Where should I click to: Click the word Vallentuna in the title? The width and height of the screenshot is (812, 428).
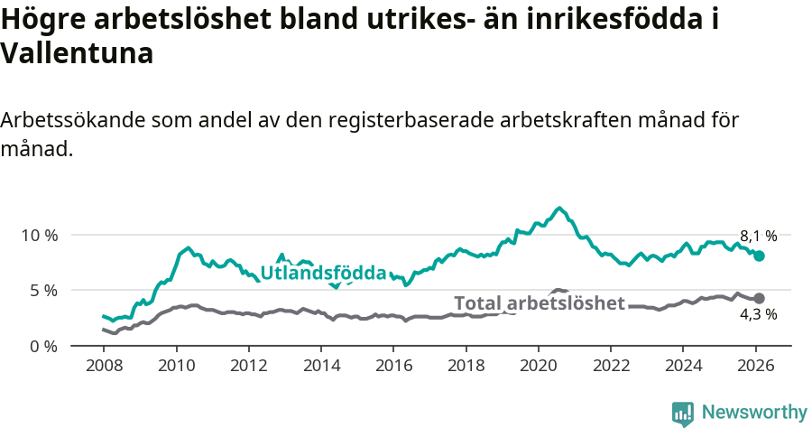[x=77, y=53]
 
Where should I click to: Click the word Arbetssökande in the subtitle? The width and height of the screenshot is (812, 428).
[x=72, y=121]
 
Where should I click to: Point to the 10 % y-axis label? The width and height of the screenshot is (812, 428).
[x=39, y=235]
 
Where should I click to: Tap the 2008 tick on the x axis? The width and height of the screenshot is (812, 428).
[x=104, y=367]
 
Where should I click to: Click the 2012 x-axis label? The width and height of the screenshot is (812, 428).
[x=248, y=367]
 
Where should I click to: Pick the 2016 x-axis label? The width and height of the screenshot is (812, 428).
[x=393, y=367]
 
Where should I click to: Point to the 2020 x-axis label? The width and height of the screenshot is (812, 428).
[x=538, y=367]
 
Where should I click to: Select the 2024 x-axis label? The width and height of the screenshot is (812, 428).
[x=682, y=367]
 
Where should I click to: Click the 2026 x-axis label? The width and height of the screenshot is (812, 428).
[x=755, y=367]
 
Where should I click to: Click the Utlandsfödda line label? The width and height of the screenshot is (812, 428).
[x=323, y=274]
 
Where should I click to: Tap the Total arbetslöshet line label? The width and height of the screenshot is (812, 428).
[x=539, y=303]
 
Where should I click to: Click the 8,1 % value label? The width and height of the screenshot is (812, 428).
[x=758, y=236]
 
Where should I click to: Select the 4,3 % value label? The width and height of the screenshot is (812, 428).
[x=758, y=315]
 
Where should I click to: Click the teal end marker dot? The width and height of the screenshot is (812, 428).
[x=759, y=256]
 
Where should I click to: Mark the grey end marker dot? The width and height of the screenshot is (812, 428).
[x=759, y=298]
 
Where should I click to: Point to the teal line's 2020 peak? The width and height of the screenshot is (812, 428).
[x=559, y=209]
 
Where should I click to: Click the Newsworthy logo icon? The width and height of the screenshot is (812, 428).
[x=683, y=413]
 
